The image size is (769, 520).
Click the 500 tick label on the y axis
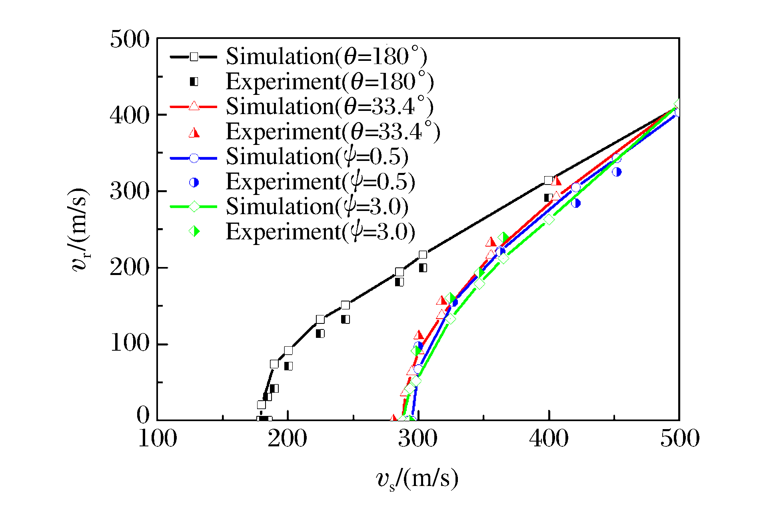[x=130, y=40]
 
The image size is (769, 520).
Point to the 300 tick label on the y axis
[x=130, y=191]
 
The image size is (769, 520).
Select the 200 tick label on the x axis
[x=288, y=439]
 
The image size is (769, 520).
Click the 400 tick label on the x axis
[x=549, y=439]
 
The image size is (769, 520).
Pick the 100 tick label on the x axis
[x=157, y=439]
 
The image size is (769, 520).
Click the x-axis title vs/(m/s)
[x=417, y=479]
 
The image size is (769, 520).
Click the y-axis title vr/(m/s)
[x=80, y=230]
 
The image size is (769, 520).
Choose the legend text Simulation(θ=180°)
[x=326, y=56]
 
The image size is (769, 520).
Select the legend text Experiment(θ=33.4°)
[x=333, y=132]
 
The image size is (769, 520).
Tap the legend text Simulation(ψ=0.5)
[x=317, y=157]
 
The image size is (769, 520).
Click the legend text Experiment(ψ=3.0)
[x=320, y=232]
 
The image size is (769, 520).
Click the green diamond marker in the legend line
[x=194, y=207]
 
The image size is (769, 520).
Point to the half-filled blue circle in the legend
[x=194, y=183]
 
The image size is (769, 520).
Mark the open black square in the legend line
[x=194, y=56]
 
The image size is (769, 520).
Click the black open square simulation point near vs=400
[x=548, y=181]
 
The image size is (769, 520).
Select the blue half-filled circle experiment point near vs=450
[x=617, y=172]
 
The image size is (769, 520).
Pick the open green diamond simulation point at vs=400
[x=549, y=219]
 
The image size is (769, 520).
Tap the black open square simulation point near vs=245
[x=346, y=305]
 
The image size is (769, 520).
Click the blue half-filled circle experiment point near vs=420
[x=576, y=203]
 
